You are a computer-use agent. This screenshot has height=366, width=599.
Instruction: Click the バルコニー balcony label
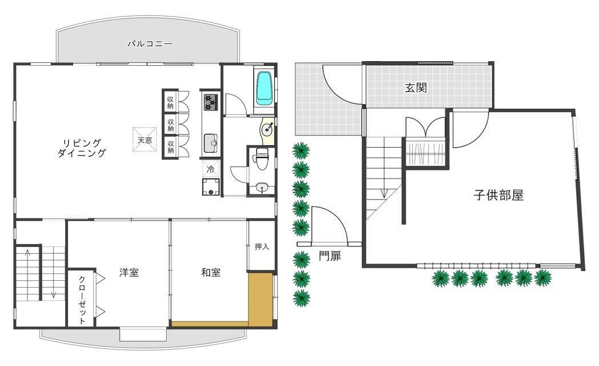150,43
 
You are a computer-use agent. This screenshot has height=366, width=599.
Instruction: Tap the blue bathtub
264,88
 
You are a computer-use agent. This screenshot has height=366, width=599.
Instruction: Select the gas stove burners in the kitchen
210,102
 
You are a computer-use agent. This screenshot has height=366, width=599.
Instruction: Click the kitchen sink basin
210,144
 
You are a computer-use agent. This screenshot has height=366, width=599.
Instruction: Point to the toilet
262,158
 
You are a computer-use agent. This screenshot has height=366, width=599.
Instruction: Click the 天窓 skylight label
145,140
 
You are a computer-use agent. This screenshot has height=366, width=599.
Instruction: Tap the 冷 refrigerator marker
210,169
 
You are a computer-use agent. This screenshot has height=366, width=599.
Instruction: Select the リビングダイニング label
82,149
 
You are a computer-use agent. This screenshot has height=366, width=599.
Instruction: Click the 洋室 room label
129,273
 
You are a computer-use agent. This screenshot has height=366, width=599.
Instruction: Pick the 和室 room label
211,273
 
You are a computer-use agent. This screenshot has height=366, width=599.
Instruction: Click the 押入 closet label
262,246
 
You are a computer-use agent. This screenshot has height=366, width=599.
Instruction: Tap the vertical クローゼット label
82,300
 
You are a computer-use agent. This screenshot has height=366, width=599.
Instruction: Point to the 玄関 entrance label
416,88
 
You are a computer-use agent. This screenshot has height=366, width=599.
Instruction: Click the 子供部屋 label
498,195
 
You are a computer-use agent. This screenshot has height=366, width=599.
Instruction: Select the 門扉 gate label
330,256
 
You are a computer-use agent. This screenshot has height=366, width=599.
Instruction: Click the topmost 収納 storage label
170,102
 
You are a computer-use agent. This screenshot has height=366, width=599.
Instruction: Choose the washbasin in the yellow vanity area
267,129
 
